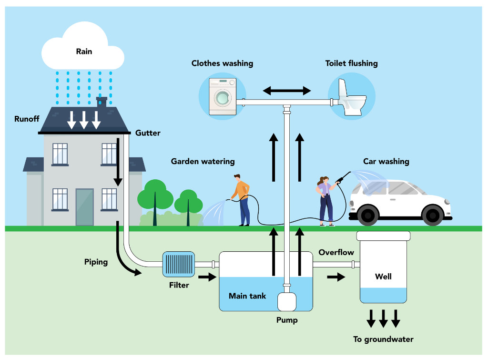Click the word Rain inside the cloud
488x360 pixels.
84,51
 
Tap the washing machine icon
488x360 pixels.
222,97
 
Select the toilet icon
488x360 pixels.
351,97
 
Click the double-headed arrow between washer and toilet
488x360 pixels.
287,91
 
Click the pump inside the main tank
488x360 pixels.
287,301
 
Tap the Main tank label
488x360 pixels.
247,296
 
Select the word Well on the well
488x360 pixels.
383,277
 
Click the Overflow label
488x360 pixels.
336,252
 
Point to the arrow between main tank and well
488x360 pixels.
336,277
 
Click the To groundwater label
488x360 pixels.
383,339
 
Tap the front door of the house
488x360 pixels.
84,207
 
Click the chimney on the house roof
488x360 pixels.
102,102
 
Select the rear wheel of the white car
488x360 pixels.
367,216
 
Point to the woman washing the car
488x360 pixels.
326,200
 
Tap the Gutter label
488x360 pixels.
148,133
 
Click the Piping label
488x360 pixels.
96,262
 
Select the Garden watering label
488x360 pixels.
203,162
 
